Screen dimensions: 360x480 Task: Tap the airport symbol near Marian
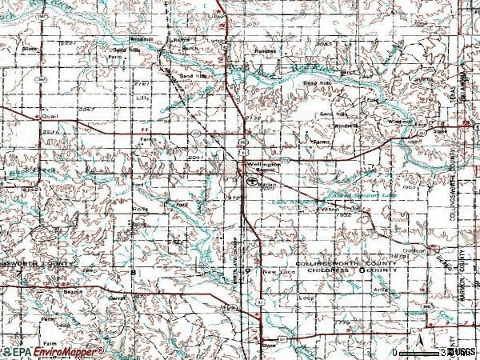tap(251, 182)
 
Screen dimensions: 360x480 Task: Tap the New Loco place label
tap(278, 273)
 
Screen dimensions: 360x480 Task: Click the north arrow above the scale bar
tap(415, 334)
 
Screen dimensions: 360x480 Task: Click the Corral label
tap(118, 297)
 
